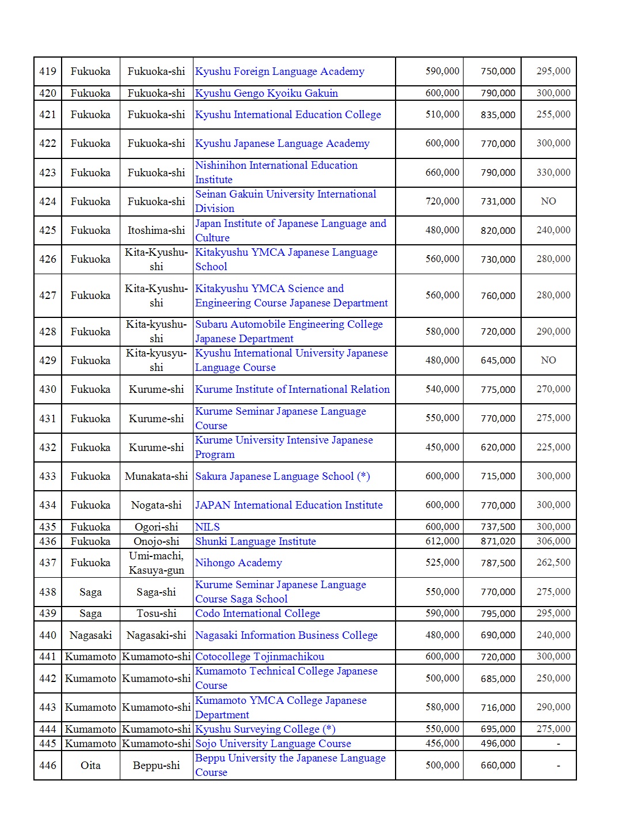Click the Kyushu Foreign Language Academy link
point(279,71)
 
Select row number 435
point(48,526)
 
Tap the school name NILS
point(207,526)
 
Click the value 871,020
point(498,541)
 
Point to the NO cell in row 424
point(548,201)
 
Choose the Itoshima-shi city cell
point(156,230)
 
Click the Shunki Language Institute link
point(255,541)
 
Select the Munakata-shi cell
point(156,476)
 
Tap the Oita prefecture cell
point(90,765)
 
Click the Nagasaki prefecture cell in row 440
point(90,635)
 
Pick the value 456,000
point(442,744)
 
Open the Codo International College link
point(257,613)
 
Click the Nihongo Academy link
point(238,563)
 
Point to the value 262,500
point(553,563)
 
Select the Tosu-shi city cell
point(156,613)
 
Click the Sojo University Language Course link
point(273,744)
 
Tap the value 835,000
point(498,115)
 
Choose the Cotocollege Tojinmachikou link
point(259,657)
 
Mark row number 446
point(48,765)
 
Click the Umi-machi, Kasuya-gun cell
point(156,563)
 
